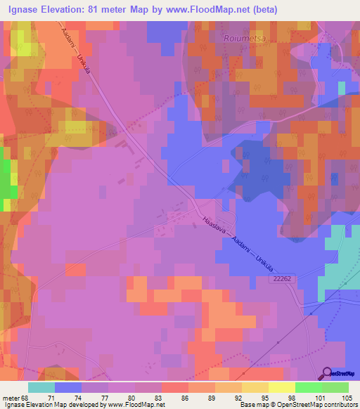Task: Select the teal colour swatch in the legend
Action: [41, 387]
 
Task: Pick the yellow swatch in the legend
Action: [281, 387]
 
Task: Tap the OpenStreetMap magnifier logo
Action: [328, 372]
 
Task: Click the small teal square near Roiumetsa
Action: [342, 88]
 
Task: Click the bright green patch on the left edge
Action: [6, 179]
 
